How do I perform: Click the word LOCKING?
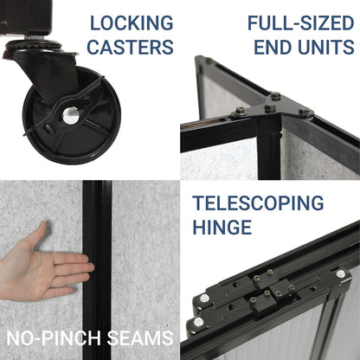click(x=132, y=22)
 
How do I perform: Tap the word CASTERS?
click(x=130, y=47)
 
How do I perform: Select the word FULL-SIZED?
click(x=301, y=22)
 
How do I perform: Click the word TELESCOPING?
click(x=258, y=202)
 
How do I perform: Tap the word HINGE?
click(x=222, y=227)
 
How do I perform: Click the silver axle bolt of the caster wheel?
click(x=70, y=115)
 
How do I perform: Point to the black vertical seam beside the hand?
click(x=97, y=270)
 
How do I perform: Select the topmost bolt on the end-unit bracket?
click(x=276, y=96)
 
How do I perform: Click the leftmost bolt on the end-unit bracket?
click(x=241, y=111)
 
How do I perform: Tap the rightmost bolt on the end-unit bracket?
click(x=305, y=112)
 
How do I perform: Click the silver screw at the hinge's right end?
click(x=340, y=273)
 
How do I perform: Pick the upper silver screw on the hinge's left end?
click(x=205, y=298)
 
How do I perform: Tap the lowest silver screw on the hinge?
click(x=198, y=322)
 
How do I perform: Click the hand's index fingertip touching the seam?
click(x=90, y=267)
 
